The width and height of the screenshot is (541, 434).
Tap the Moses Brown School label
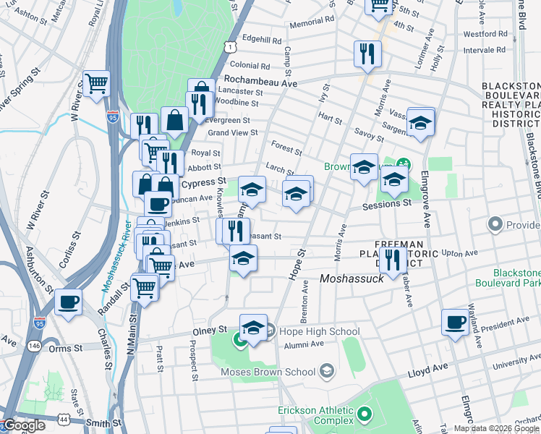point(268,372)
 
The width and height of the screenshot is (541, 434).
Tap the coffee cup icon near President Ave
point(456,323)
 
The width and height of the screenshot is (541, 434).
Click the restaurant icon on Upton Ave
point(393,260)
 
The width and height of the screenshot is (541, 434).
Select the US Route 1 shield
point(229,47)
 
